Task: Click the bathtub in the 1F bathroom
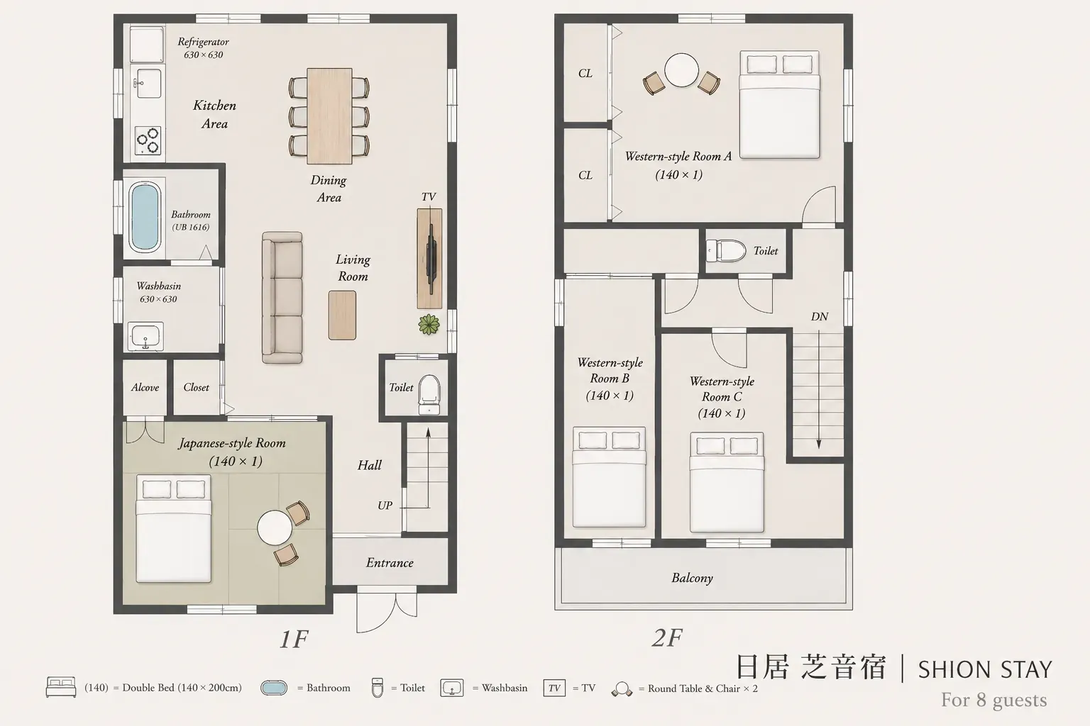[145, 217]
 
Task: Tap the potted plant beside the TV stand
[429, 324]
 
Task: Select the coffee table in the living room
[342, 315]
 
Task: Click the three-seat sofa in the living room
[282, 298]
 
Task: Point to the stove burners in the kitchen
[148, 140]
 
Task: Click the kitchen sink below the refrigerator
[148, 83]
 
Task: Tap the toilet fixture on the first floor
[429, 394]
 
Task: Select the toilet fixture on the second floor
[726, 251]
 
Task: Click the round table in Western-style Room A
[681, 70]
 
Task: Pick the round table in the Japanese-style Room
[275, 528]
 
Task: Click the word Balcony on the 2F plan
[692, 578]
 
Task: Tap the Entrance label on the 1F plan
[390, 563]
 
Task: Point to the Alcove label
[145, 388]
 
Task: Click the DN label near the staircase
[820, 316]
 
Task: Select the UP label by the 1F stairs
[385, 506]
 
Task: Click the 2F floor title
[666, 638]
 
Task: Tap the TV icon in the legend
[554, 688]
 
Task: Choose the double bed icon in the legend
[61, 687]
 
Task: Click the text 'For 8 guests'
[993, 700]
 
